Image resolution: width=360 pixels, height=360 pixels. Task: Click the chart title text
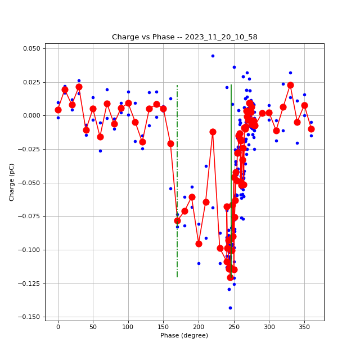(184, 37)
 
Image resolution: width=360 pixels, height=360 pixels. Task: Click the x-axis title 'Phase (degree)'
(184, 336)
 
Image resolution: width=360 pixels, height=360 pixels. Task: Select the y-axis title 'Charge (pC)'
(12, 182)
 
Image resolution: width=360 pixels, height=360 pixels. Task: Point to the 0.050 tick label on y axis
(31, 48)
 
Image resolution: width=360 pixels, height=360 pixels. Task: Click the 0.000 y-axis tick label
(31, 116)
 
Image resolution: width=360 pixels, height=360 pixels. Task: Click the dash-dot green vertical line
(177, 169)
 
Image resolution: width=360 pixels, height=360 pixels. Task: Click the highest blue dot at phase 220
(213, 56)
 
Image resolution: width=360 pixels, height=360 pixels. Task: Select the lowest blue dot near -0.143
(230, 308)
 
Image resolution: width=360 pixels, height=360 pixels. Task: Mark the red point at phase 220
(213, 132)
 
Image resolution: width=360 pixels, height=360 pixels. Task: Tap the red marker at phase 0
(58, 110)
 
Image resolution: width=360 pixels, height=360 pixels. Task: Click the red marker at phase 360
(311, 129)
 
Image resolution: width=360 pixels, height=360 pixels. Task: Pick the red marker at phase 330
(290, 85)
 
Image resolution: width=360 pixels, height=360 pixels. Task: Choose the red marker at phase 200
(199, 244)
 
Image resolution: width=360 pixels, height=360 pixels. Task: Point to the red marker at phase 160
(170, 143)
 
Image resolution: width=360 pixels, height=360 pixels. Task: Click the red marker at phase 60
(100, 137)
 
